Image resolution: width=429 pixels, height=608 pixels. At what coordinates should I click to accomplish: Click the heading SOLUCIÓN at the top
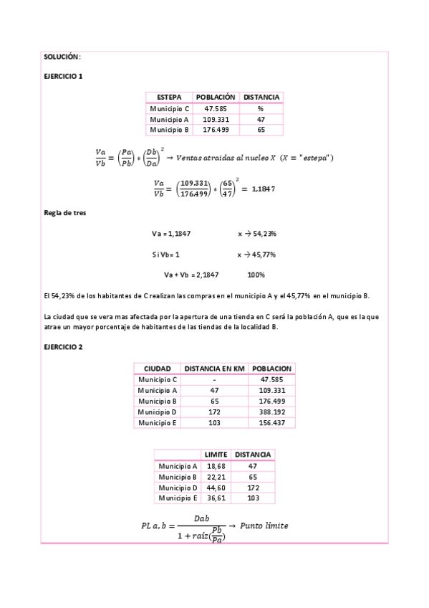pyautogui.click(x=62, y=56)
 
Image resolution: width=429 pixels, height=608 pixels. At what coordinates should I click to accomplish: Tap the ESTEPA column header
pyautogui.click(x=169, y=97)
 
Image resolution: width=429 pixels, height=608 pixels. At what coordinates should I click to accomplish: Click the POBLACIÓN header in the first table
pyautogui.click(x=216, y=97)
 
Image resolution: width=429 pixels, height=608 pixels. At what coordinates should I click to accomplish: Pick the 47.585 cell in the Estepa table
pyautogui.click(x=216, y=108)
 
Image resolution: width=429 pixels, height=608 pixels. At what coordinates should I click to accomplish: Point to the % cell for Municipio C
pyautogui.click(x=261, y=108)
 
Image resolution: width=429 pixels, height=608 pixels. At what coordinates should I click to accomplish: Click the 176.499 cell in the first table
pyautogui.click(x=216, y=130)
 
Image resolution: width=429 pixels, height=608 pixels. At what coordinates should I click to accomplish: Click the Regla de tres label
pyautogui.click(x=65, y=213)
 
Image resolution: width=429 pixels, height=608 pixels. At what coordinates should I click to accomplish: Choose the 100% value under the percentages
pyautogui.click(x=256, y=275)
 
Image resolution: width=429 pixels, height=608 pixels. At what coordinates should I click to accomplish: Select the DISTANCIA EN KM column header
pyautogui.click(x=215, y=368)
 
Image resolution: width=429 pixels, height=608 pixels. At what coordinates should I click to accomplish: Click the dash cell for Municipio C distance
pyautogui.click(x=215, y=379)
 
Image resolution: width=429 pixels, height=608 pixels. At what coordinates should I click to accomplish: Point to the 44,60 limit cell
pyautogui.click(x=216, y=488)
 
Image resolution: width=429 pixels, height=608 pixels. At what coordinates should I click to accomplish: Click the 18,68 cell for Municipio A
pyautogui.click(x=216, y=466)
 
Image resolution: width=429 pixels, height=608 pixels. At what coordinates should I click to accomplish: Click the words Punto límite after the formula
pyautogui.click(x=264, y=526)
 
